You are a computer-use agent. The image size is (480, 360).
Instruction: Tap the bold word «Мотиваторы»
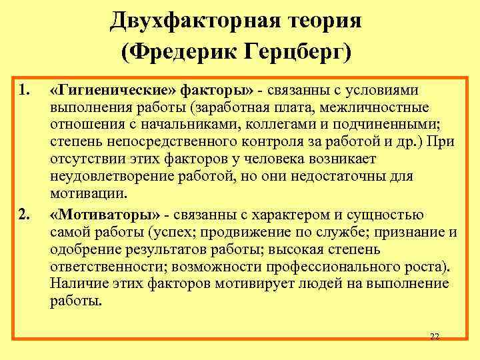[106, 214]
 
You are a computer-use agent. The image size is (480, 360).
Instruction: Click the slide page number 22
[434, 337]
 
